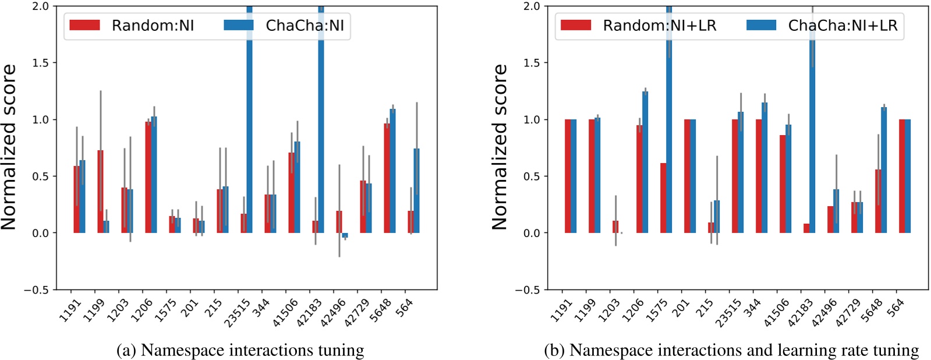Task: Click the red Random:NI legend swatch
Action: [x=84, y=25]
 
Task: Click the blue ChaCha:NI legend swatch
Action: [x=238, y=25]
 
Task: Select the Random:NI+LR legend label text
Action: [x=659, y=26]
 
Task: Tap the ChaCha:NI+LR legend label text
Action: [x=842, y=26]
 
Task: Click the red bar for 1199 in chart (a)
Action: [x=100, y=192]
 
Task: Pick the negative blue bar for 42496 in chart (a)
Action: [x=345, y=235]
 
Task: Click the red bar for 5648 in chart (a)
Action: [x=387, y=178]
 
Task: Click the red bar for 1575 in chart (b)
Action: [x=663, y=198]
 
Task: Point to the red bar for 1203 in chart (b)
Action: [x=615, y=227]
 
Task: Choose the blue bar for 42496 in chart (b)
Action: [x=836, y=211]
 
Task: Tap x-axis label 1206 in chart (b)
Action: [x=633, y=309]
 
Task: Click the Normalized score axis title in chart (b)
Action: [x=500, y=147]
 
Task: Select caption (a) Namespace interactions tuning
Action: [x=240, y=350]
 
